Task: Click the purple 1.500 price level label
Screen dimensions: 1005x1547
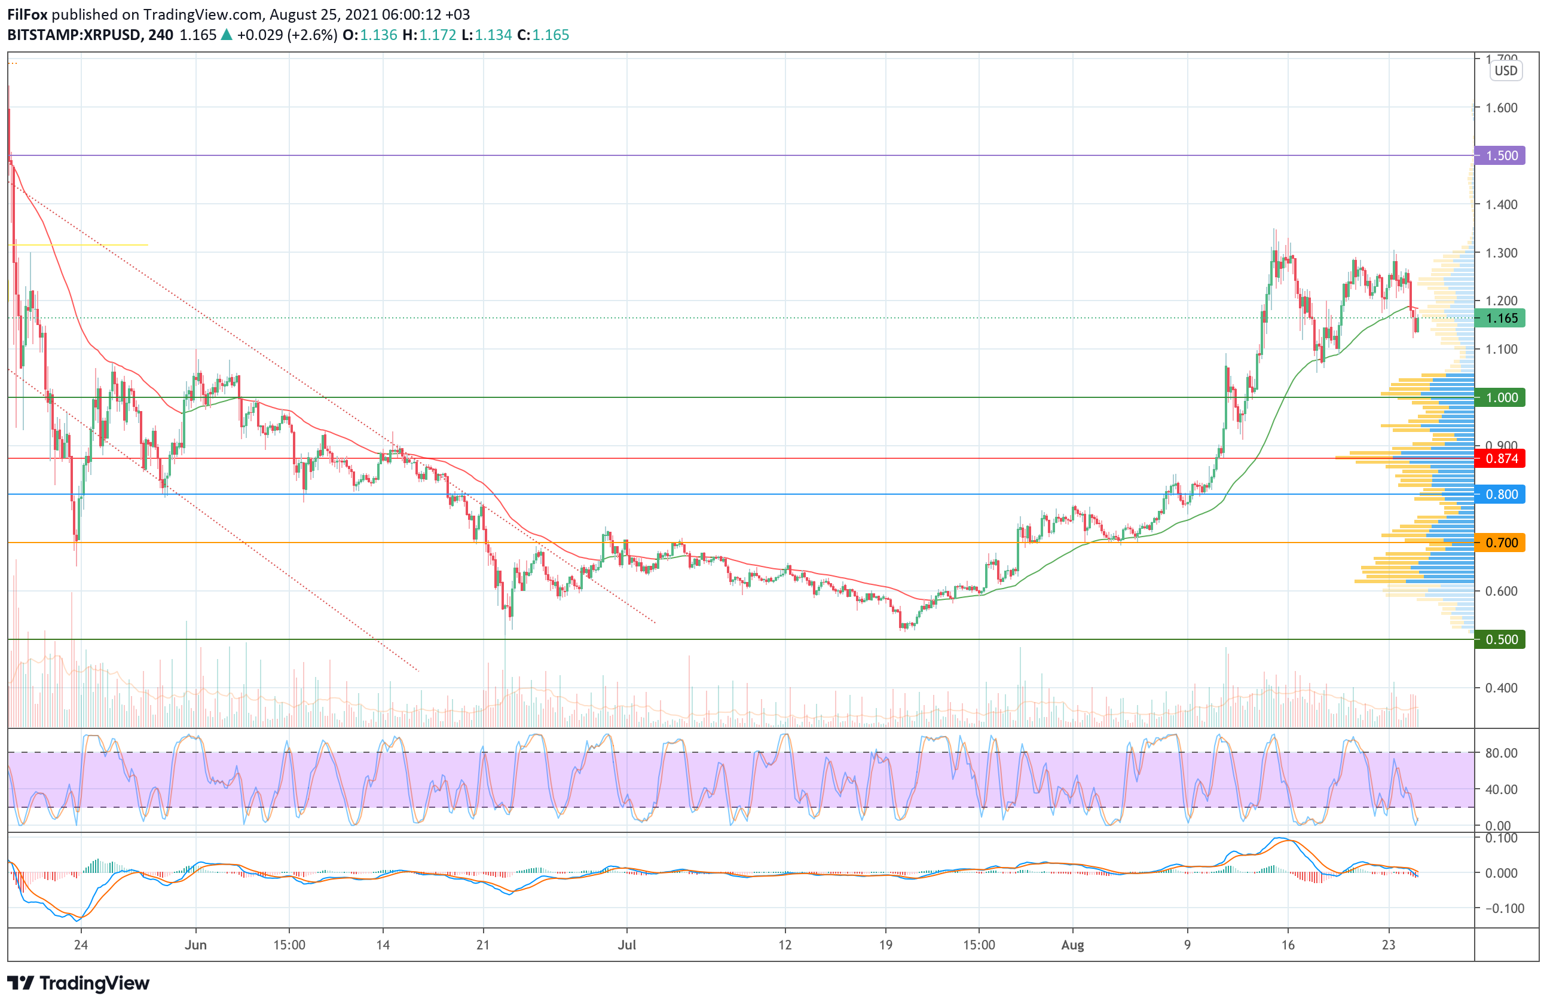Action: [x=1502, y=155]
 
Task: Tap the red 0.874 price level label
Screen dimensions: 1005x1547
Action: [x=1502, y=459]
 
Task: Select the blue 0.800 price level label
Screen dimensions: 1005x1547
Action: [x=1502, y=494]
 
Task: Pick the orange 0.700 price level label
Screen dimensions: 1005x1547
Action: [x=1502, y=543]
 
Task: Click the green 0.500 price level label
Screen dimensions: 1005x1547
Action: [x=1502, y=639]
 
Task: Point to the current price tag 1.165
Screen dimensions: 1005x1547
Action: [x=1502, y=318]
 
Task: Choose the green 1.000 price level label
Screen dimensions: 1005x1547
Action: [x=1502, y=397]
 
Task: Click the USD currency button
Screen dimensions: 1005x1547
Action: [x=1505, y=71]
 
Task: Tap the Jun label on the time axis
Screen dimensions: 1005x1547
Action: [x=195, y=945]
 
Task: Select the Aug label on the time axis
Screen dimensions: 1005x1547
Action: [x=1072, y=945]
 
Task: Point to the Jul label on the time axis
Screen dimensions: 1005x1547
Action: [x=626, y=945]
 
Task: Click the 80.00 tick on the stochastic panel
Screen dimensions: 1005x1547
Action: [x=1502, y=753]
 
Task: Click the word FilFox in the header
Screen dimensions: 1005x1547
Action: [x=27, y=14]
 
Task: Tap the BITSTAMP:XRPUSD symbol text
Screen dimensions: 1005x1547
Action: [x=74, y=35]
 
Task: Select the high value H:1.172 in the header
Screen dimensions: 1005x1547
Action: [x=429, y=35]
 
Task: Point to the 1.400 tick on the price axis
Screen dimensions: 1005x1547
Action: [x=1502, y=204]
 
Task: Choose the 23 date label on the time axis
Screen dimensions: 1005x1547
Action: [x=1389, y=945]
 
